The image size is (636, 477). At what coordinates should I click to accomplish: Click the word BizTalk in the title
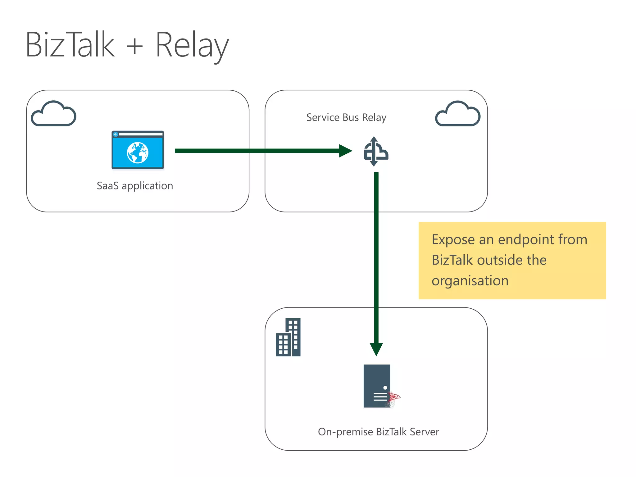pos(70,45)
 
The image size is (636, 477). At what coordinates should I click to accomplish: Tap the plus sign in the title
pos(134,47)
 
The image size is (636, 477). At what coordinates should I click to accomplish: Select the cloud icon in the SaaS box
pos(54,114)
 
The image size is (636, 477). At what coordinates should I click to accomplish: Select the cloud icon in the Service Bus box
pos(458,114)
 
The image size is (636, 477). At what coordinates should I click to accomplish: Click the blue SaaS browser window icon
pos(138,150)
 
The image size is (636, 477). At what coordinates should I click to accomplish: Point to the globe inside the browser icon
pos(138,152)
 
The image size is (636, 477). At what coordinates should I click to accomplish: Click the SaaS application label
pos(135,186)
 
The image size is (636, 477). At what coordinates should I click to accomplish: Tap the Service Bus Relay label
pos(346,117)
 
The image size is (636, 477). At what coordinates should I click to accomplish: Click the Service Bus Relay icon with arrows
pos(375,152)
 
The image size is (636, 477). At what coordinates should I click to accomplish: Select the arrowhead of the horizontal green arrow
pos(345,151)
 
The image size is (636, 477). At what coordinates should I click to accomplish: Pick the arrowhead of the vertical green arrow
pos(376,349)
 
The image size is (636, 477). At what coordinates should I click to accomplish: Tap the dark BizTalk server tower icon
pos(377,386)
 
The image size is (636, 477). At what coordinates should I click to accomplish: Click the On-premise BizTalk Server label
pos(378,432)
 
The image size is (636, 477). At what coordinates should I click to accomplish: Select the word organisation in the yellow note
pos(470,281)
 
